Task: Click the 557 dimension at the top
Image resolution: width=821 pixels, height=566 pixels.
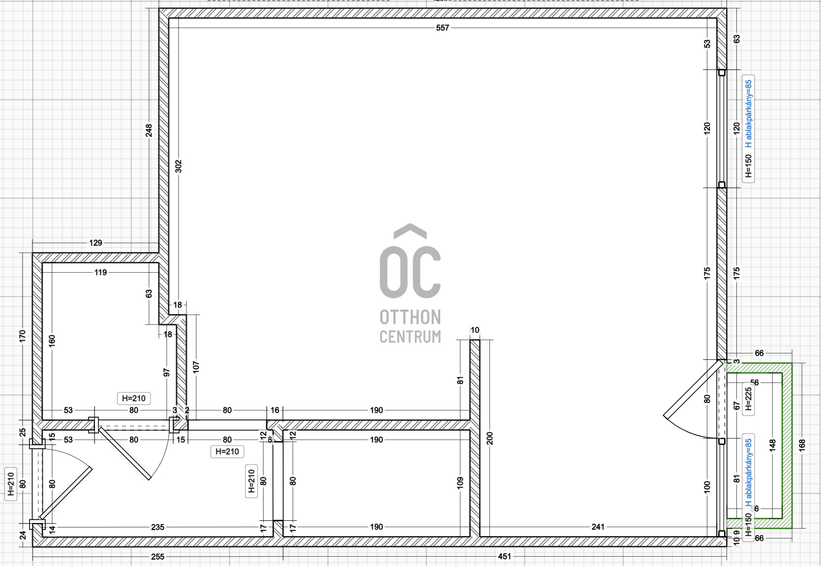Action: click(442, 28)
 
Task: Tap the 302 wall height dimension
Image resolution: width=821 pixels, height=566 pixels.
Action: click(179, 166)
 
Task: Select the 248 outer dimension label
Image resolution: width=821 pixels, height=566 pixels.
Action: click(149, 130)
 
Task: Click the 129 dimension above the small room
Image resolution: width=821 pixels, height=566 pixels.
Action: click(95, 243)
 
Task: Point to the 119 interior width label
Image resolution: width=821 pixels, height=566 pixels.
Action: click(100, 272)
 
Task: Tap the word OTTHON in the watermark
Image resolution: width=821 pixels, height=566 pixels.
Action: click(410, 317)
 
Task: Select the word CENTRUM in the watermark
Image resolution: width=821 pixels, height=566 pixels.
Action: click(410, 337)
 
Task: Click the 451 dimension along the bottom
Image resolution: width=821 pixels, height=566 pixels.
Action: click(504, 557)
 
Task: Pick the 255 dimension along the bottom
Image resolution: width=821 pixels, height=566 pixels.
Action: click(157, 557)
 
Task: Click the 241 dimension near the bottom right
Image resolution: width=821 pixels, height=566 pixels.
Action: click(598, 527)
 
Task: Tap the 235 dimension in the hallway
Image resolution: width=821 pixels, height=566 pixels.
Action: click(157, 527)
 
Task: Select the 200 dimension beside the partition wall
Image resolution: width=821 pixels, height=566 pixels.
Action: click(490, 438)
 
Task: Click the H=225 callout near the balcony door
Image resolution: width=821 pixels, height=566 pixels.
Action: click(748, 399)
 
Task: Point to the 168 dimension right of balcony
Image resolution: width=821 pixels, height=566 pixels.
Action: click(802, 445)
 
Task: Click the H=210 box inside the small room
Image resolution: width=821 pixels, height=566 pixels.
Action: click(134, 398)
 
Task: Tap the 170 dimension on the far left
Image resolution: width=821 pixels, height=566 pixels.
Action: click(22, 336)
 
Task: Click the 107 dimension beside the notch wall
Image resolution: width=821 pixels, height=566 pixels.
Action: click(196, 367)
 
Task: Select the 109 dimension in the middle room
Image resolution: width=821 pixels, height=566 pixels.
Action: click(460, 482)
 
